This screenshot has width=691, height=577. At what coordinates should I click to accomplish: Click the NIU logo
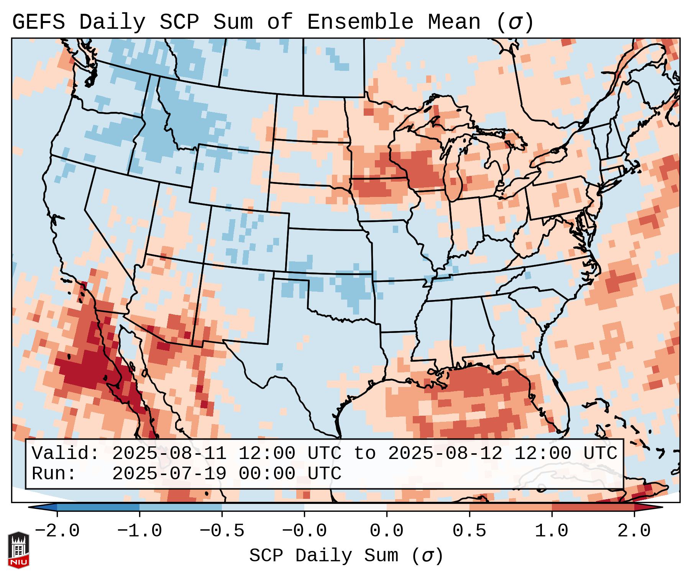tap(18, 549)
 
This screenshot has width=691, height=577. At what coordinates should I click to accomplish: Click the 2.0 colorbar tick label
tap(634, 531)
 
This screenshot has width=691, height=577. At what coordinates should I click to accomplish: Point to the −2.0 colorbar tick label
tap(57, 531)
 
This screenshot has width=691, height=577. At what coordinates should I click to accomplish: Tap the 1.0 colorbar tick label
tap(551, 531)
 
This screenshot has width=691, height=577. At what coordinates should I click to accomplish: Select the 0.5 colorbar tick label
tap(469, 531)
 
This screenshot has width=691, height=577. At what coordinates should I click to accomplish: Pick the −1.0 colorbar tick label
tap(140, 531)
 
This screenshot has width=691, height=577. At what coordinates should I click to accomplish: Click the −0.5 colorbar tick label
tap(222, 531)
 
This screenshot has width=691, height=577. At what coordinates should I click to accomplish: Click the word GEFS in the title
tap(38, 22)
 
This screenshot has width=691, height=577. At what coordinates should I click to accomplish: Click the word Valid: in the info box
tap(66, 453)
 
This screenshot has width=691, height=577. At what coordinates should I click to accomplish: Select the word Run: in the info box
tap(54, 474)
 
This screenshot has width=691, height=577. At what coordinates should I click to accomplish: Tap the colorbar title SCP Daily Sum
tap(323, 556)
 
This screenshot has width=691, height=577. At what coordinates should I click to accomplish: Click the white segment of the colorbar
tap(345, 508)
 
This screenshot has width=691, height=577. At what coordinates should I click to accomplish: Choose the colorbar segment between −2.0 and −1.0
tap(98, 508)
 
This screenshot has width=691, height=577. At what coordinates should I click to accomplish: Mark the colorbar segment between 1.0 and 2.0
tap(593, 508)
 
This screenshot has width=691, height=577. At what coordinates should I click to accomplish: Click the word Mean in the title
tap(454, 22)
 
